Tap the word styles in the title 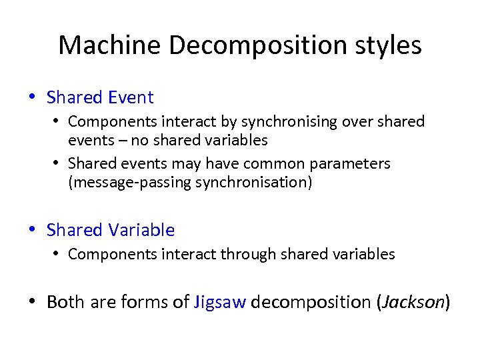pos(387,45)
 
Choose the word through pos(253,254)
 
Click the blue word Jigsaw pos(220,302)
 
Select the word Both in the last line pos(65,302)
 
